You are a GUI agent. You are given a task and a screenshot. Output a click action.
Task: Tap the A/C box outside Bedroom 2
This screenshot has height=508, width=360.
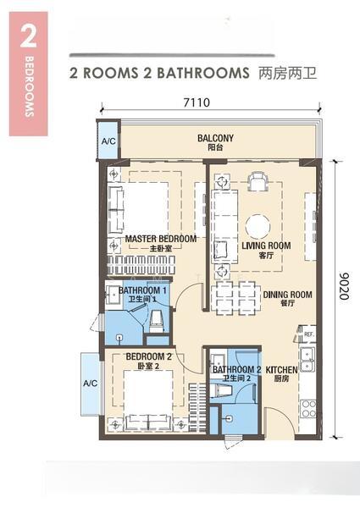click(x=91, y=382)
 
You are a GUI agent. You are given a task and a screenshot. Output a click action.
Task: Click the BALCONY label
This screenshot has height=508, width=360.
click(x=215, y=138)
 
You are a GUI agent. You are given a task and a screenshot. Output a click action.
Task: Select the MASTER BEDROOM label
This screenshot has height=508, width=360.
click(x=160, y=239)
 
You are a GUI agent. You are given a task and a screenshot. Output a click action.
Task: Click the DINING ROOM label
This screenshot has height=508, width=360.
click(x=287, y=295)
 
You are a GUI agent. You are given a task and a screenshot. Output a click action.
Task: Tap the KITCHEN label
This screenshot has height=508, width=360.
click(x=280, y=370)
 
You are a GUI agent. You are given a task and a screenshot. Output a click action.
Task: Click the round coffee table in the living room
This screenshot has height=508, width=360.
click(x=258, y=225)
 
